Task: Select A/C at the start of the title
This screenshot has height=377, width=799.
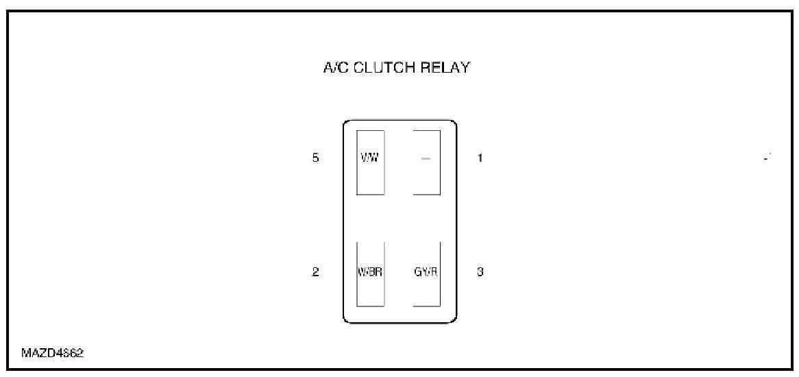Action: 333,69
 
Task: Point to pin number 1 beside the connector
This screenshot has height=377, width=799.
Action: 480,158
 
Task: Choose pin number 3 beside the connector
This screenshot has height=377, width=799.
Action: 480,272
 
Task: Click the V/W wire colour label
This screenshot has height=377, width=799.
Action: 370,158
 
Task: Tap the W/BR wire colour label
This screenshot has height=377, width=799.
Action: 370,271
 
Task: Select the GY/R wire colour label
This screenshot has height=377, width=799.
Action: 426,271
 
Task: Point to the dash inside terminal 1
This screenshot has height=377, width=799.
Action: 426,158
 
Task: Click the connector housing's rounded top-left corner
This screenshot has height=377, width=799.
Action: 345,123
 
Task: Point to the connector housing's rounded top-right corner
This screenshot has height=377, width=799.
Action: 454,123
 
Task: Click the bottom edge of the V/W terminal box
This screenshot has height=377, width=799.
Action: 370,195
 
